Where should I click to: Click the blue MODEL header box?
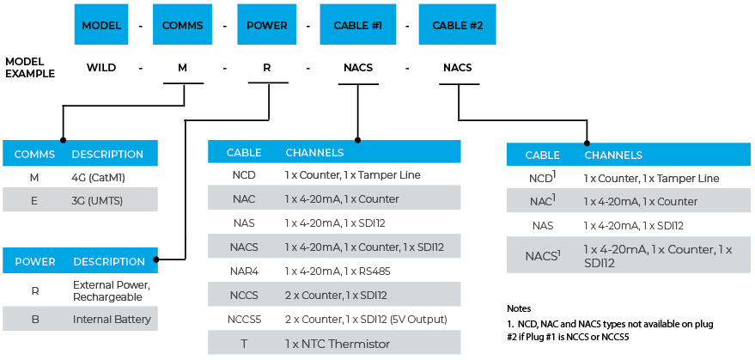[x=101, y=25]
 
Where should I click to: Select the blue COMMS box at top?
[x=181, y=25]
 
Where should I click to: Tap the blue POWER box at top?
[x=266, y=25]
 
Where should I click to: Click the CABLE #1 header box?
[x=357, y=25]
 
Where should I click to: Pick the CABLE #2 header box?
[x=457, y=25]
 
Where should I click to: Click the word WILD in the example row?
[x=101, y=68]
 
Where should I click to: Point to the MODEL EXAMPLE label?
[x=30, y=68]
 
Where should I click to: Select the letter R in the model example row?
[x=268, y=68]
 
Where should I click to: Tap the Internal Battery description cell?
[x=112, y=319]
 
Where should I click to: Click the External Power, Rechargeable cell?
[x=112, y=290]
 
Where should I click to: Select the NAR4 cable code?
[x=244, y=272]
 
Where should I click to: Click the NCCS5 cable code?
[x=244, y=320]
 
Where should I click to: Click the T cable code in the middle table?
[x=244, y=344]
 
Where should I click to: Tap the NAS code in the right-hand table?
[x=542, y=225]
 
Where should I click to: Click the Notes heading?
[x=519, y=308]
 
